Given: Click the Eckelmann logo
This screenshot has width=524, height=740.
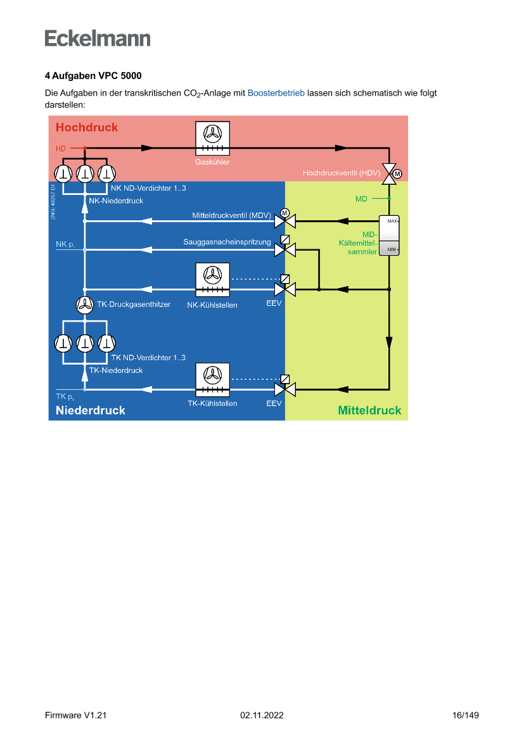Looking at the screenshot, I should [98, 38].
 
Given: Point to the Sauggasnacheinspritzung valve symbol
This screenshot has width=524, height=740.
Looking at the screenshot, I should [281, 249].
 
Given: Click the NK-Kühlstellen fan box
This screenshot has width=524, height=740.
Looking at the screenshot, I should [212, 279].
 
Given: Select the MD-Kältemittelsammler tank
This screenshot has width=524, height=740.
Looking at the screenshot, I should [389, 235].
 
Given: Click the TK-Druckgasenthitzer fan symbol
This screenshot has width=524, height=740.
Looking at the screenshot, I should [84, 305].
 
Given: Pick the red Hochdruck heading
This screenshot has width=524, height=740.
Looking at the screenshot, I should [87, 127].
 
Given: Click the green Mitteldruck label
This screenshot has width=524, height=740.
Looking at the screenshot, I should [369, 410].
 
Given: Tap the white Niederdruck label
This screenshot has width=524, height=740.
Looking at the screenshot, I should [91, 410].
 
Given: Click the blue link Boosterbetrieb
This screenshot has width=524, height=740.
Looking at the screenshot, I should [276, 93].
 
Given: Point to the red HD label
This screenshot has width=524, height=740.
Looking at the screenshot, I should [61, 149].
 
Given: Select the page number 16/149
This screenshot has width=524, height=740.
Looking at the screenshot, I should [466, 715].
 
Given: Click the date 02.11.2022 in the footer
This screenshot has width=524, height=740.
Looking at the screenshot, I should [262, 715].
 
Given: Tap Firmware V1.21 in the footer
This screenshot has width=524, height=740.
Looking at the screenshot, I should [75, 715].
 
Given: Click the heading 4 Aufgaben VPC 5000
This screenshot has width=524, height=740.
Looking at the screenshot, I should [93, 76].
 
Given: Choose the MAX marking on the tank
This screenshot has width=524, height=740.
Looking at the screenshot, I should [392, 221].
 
